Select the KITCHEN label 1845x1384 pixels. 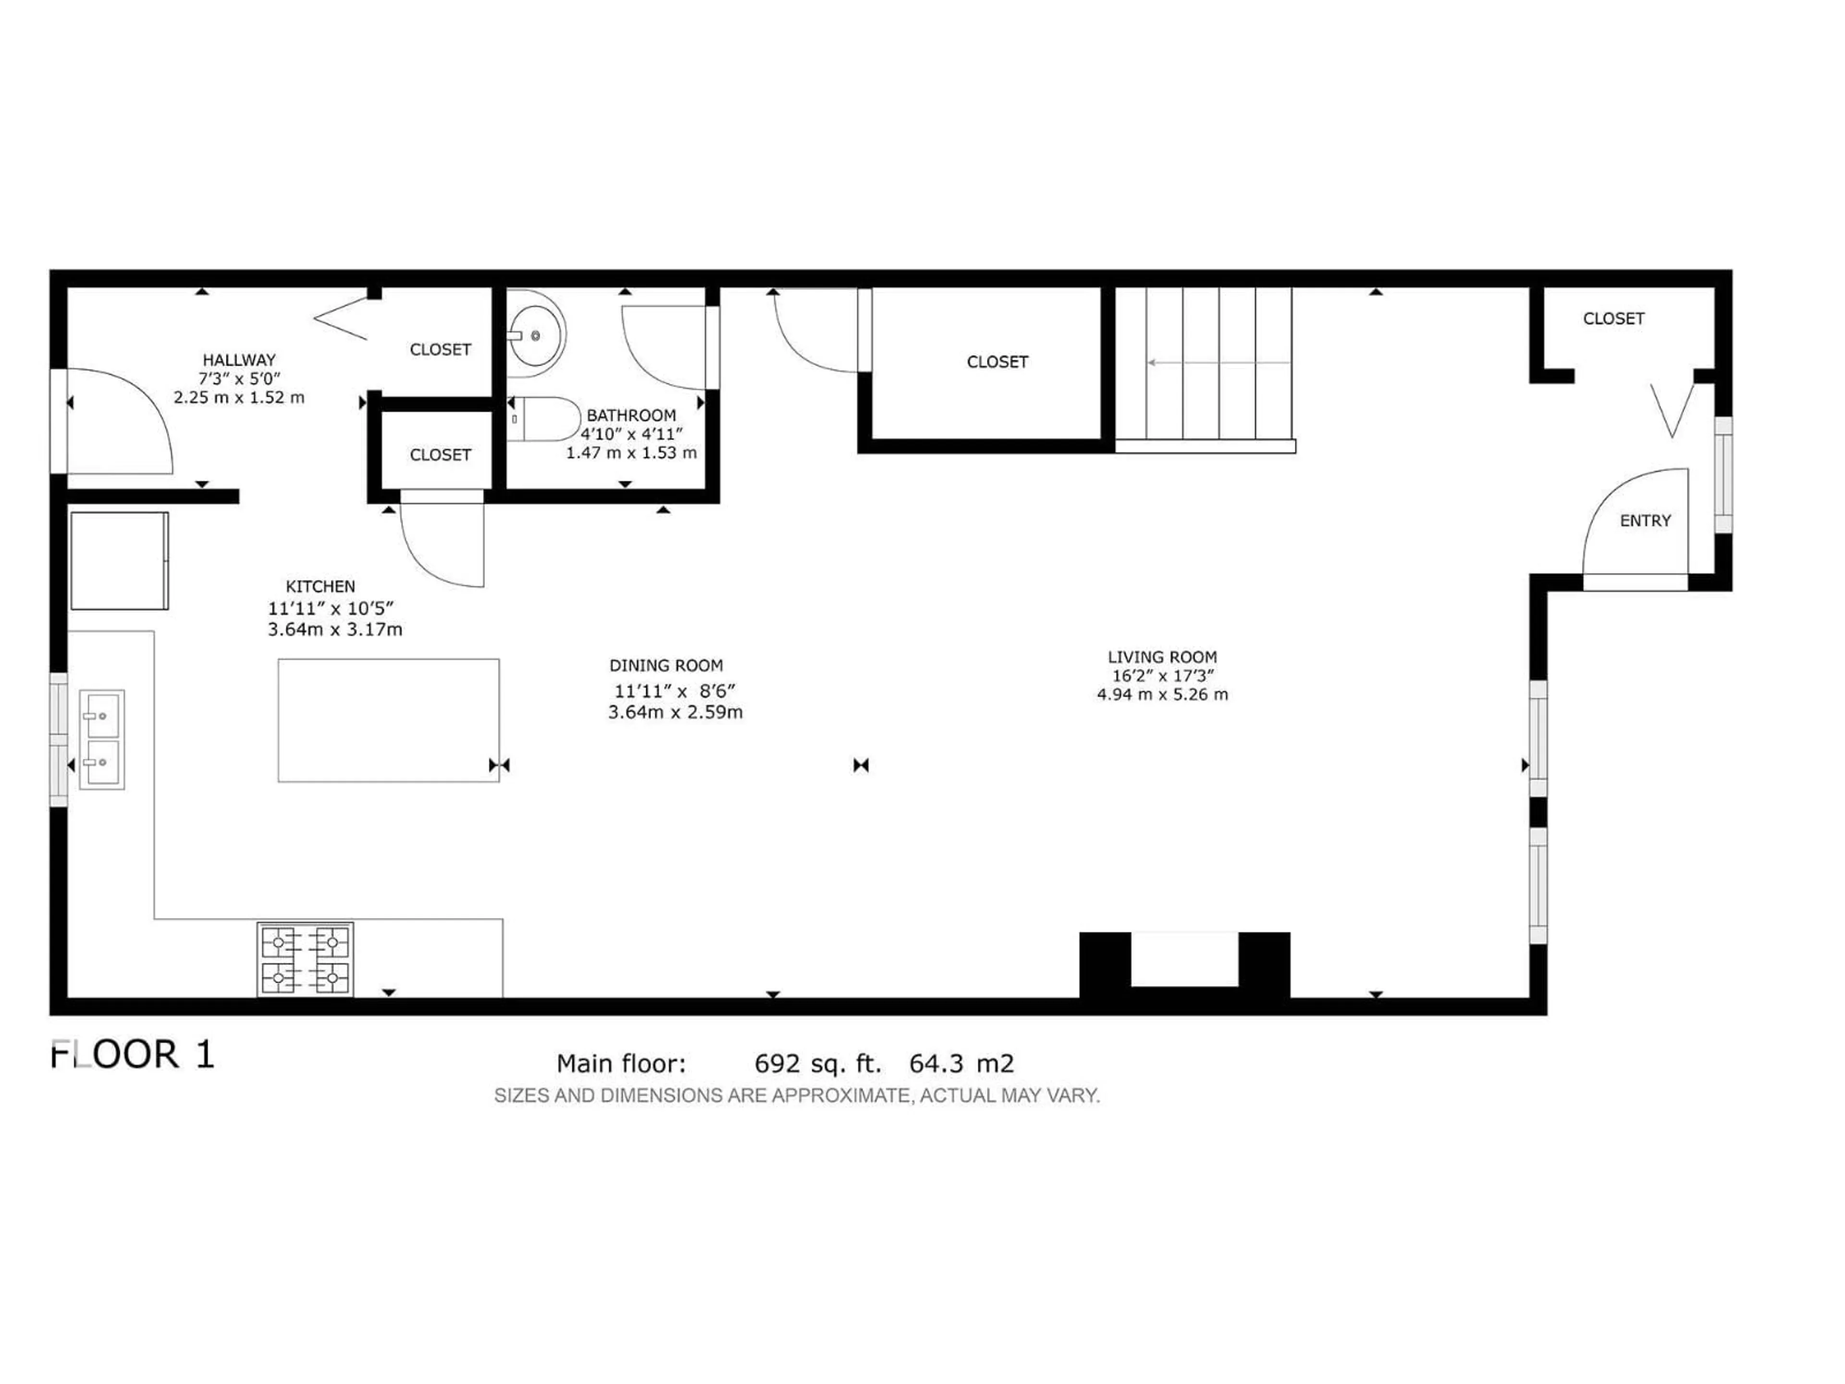pyautogui.click(x=320, y=586)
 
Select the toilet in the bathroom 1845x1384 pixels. pyautogui.click(x=544, y=419)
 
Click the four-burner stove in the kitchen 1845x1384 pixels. pyautogui.click(x=305, y=959)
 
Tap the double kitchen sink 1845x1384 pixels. pyautogui.click(x=102, y=739)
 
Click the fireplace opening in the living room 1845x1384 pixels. pyautogui.click(x=1184, y=959)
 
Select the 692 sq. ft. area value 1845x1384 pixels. pyautogui.click(x=817, y=1063)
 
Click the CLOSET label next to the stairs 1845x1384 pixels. pyautogui.click(x=997, y=362)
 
